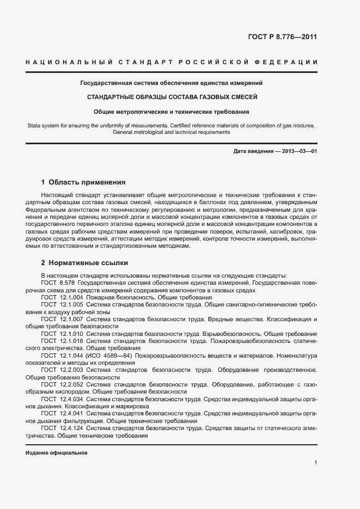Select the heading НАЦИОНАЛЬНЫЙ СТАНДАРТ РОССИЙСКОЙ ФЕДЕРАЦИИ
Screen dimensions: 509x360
point(172,63)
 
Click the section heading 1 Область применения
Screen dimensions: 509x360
point(83,182)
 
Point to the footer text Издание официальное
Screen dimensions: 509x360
point(57,452)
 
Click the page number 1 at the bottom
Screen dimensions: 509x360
point(315,462)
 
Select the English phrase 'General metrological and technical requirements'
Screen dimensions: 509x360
point(172,132)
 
